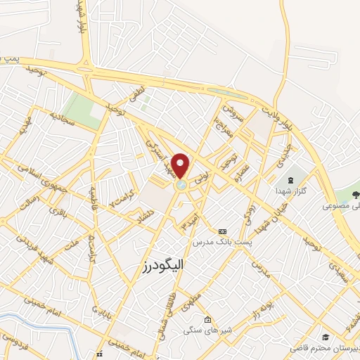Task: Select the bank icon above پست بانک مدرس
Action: click(223, 230)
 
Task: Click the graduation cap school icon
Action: click(326, 336)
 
